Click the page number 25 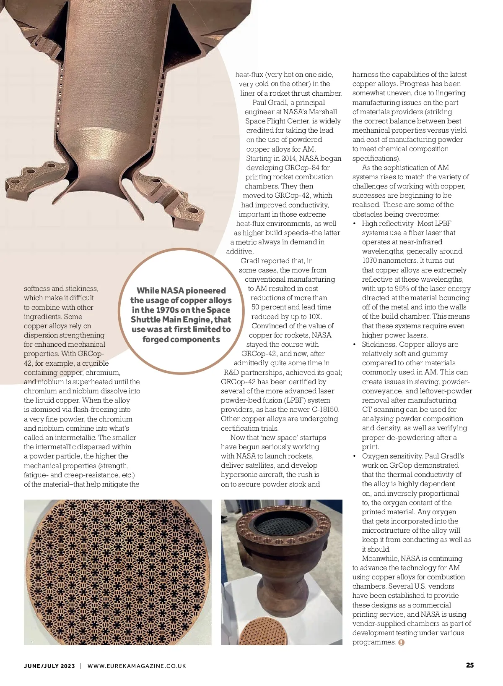tap(469, 665)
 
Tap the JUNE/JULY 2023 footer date tap(49, 666)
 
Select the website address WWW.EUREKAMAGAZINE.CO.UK tap(137, 666)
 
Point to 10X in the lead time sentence tap(315, 317)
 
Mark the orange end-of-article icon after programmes tap(401, 642)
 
